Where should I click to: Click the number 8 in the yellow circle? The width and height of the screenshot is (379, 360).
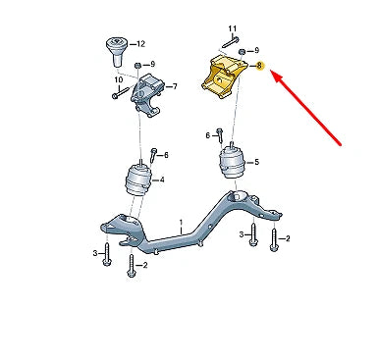259,66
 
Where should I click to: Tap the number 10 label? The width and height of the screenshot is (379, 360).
118,79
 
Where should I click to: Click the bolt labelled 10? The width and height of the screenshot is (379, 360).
116,95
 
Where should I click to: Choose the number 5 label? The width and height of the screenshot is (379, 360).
256,163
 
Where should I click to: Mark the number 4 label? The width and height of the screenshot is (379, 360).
161,180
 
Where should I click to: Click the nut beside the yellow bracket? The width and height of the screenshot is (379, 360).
241,49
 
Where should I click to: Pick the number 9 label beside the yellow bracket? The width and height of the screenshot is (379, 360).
256,49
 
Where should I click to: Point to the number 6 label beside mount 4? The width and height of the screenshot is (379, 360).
166,155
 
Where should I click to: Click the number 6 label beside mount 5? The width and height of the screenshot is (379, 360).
208,134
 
